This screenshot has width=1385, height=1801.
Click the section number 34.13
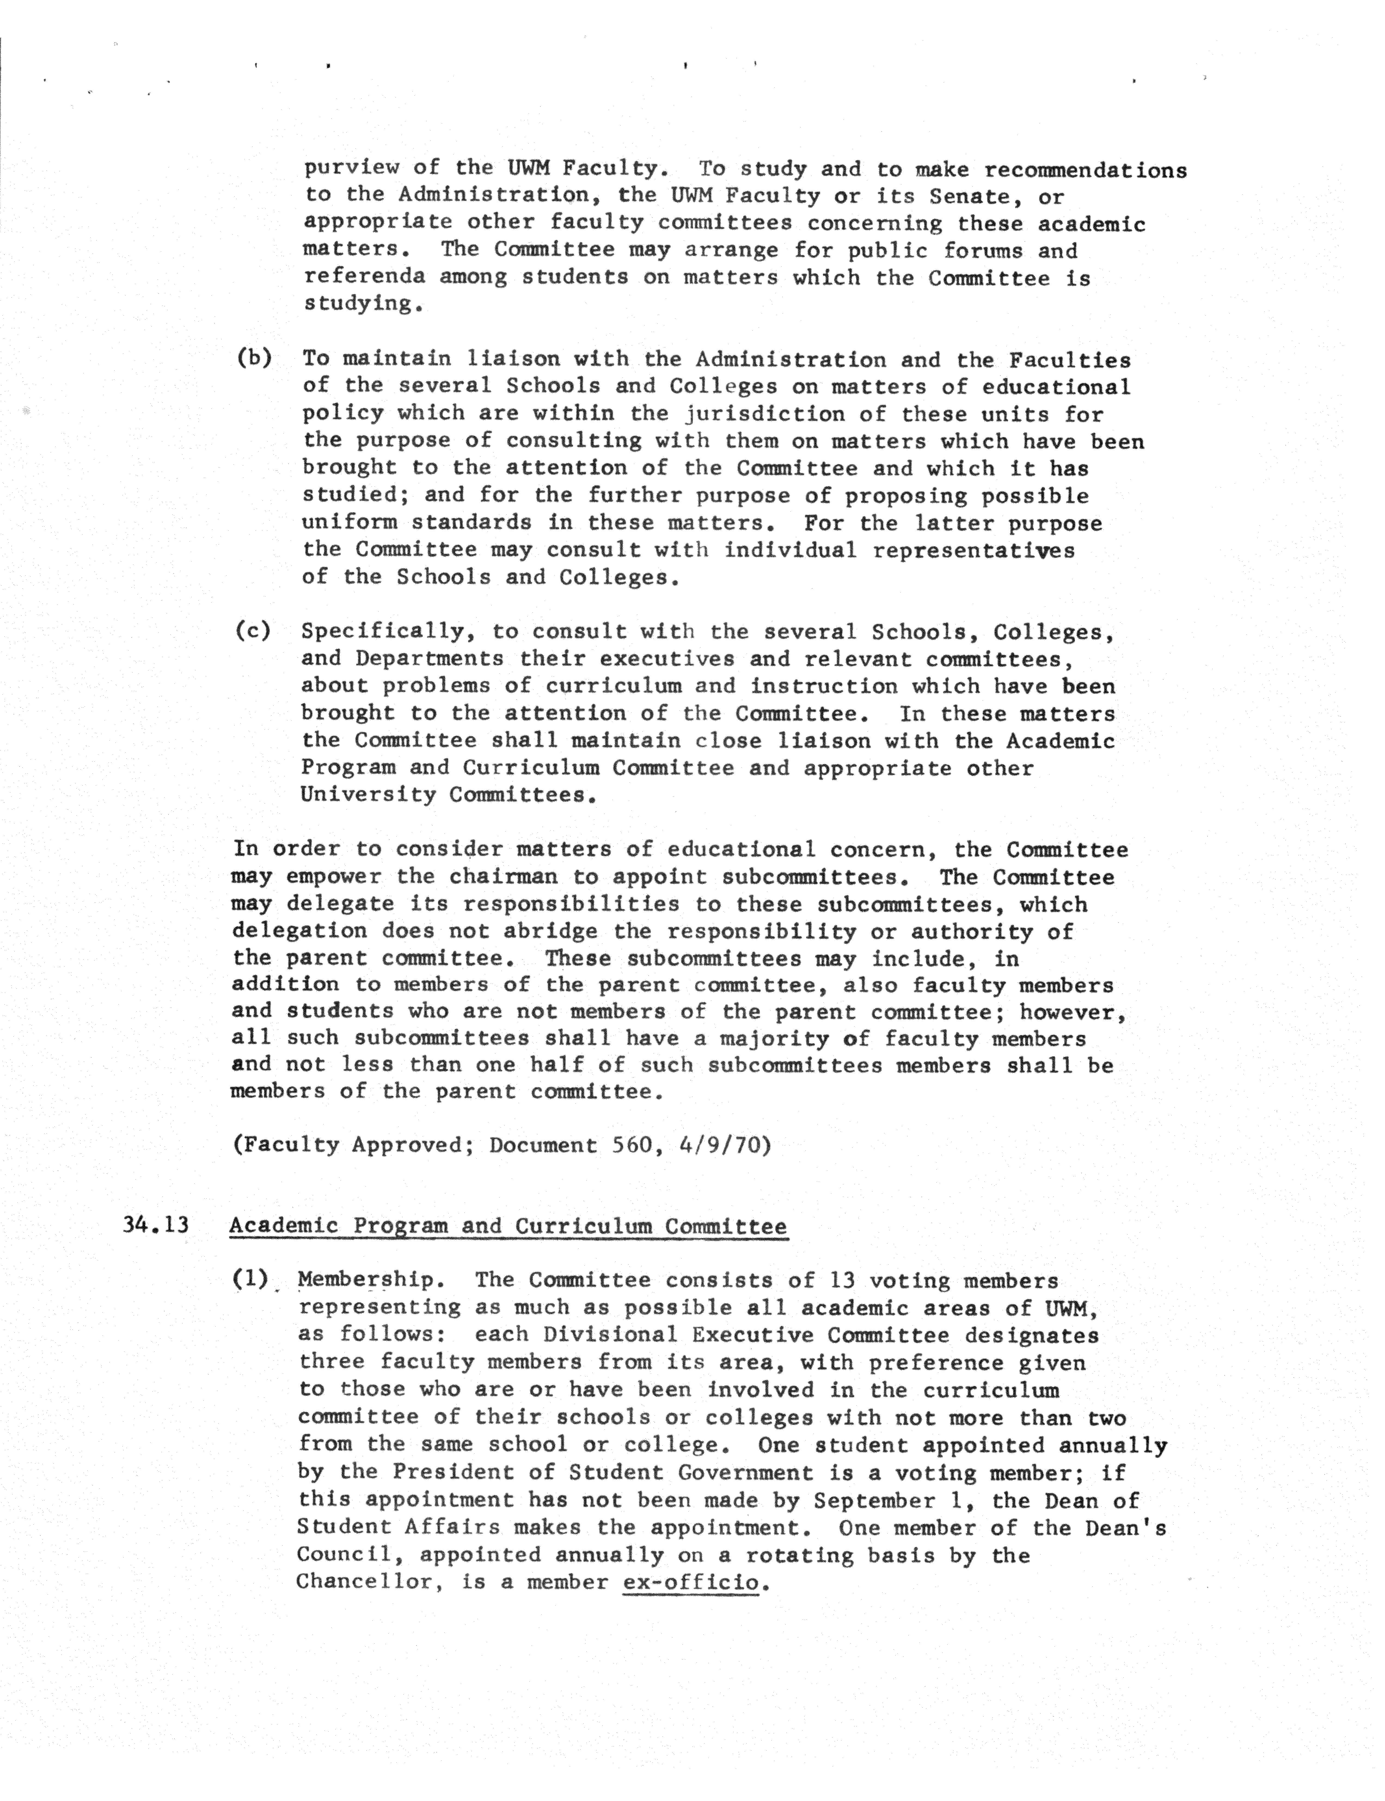[156, 1225]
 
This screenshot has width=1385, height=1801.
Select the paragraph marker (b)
[254, 358]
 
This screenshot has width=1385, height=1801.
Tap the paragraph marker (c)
[253, 631]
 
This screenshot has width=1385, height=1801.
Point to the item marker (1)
[251, 1279]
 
